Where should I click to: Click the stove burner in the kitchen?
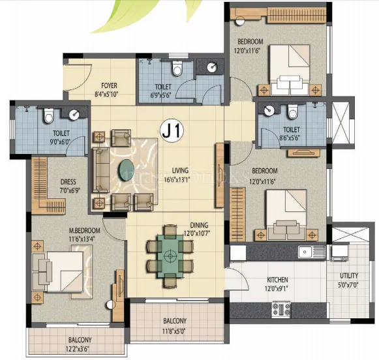pos(282,307)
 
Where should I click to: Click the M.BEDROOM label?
pos(85,231)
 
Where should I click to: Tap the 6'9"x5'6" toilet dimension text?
pos(162,95)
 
